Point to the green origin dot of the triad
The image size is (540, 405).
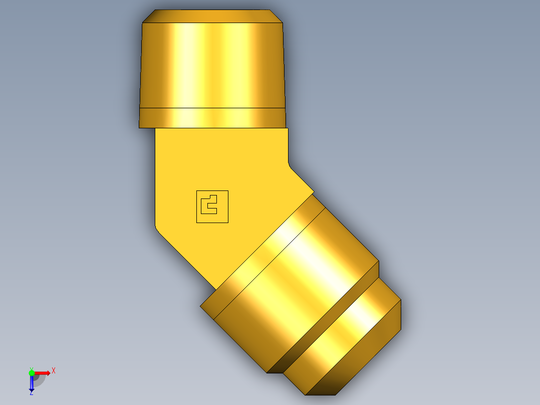pyautogui.click(x=32, y=373)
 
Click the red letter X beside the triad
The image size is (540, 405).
pyautogui.click(x=54, y=371)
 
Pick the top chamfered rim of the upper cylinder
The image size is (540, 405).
pyautogui.click(x=212, y=16)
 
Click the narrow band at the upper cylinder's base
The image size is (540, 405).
pyautogui.click(x=212, y=118)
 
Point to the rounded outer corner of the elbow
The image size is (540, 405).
pyautogui.click(x=157, y=230)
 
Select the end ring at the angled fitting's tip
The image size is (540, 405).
pyautogui.click(x=351, y=341)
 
